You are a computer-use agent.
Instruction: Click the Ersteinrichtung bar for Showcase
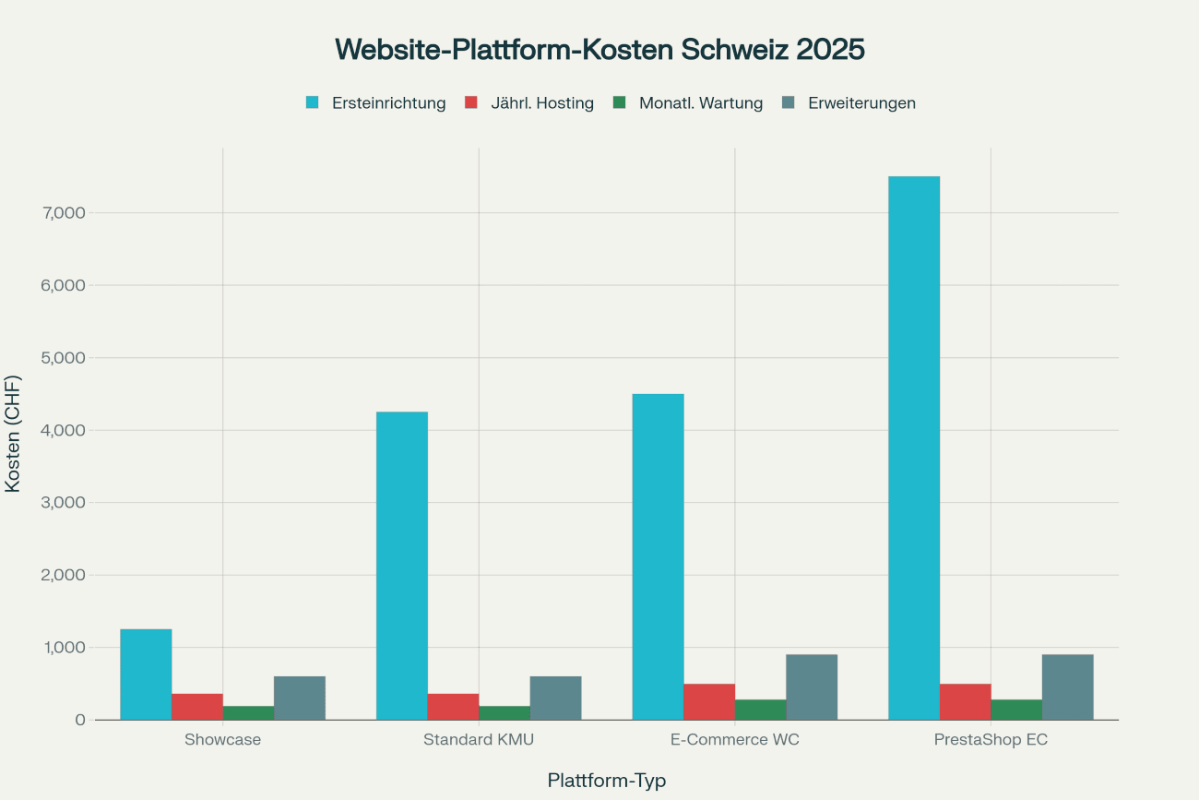pyautogui.click(x=146, y=675)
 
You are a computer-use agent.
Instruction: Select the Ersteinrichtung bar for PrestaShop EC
pyautogui.click(x=914, y=448)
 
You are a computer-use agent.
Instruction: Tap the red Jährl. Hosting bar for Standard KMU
pyautogui.click(x=453, y=707)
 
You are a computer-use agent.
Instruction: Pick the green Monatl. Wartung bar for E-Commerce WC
pyautogui.click(x=760, y=710)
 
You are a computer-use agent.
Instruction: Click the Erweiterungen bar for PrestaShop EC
pyautogui.click(x=1067, y=687)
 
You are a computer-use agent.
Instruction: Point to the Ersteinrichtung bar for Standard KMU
pyautogui.click(x=402, y=566)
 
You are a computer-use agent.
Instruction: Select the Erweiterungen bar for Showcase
pyautogui.click(x=300, y=698)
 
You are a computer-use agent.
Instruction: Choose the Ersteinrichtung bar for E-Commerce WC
pyautogui.click(x=658, y=556)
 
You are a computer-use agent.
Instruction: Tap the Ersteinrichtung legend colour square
pyautogui.click(x=313, y=102)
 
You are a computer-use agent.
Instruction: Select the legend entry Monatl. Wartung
pyautogui.click(x=700, y=103)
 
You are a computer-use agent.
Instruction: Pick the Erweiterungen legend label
pyautogui.click(x=861, y=103)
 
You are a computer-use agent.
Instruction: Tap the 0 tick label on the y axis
pyautogui.click(x=81, y=720)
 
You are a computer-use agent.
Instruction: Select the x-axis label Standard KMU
pyautogui.click(x=479, y=740)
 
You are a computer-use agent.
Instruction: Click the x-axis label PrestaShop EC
pyautogui.click(x=991, y=740)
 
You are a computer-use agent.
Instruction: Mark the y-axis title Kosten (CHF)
pyautogui.click(x=13, y=433)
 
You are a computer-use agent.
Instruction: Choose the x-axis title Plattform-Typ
pyautogui.click(x=606, y=781)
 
